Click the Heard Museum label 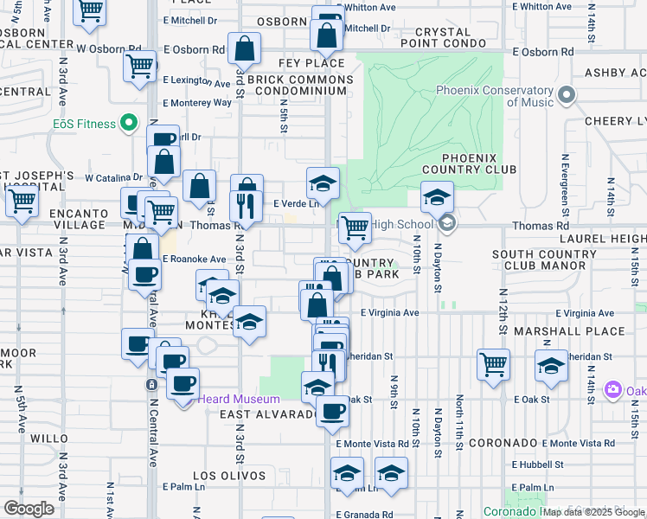(x=239, y=399)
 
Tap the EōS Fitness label (x=84, y=124)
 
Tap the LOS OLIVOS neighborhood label (x=228, y=476)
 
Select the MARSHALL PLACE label (x=568, y=331)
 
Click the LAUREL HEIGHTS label (x=600, y=237)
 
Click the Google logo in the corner (x=29, y=508)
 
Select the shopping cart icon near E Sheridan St (x=493, y=364)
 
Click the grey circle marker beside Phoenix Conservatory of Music (x=567, y=94)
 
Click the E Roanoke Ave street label (x=194, y=259)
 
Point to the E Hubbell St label (x=538, y=464)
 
